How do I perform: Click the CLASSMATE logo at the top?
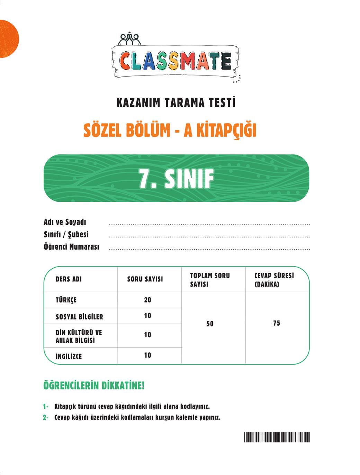(176, 60)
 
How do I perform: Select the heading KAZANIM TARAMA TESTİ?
(176, 103)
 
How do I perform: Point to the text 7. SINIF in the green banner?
(176, 179)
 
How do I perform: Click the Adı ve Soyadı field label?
(65, 222)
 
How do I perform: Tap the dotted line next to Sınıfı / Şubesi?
(209, 237)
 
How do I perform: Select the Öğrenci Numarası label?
(71, 247)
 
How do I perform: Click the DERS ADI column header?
(69, 279)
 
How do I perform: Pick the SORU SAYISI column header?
(145, 279)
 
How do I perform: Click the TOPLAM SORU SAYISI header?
(209, 280)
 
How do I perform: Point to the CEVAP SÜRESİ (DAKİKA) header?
(274, 280)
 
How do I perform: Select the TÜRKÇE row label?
(66, 300)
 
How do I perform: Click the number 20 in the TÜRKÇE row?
(147, 300)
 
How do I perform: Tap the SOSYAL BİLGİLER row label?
(79, 316)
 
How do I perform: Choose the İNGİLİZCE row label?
(69, 356)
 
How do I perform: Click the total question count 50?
(210, 324)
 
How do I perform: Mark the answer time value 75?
(276, 323)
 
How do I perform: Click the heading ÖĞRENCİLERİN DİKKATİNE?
(94, 385)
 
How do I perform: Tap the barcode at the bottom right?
(277, 437)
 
